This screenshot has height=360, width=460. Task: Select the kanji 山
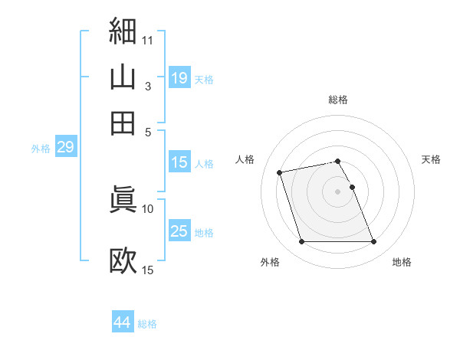pyautogui.click(x=123, y=77)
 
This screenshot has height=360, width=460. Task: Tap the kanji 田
pyautogui.click(x=123, y=123)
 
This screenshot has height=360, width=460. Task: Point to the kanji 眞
pyautogui.click(x=123, y=198)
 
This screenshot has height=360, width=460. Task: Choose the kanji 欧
pyautogui.click(x=123, y=260)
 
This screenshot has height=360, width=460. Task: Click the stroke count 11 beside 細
pyautogui.click(x=148, y=38)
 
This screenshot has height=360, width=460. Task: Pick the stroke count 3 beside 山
pyautogui.click(x=149, y=86)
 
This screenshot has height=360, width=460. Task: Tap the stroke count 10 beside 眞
pyautogui.click(x=148, y=208)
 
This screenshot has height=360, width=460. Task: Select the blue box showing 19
pyautogui.click(x=179, y=77)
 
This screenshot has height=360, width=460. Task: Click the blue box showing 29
pyautogui.click(x=65, y=147)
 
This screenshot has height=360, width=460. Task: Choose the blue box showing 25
pyautogui.click(x=179, y=231)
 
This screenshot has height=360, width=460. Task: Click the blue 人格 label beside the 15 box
pyautogui.click(x=204, y=163)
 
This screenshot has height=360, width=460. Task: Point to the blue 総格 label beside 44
pyautogui.click(x=147, y=324)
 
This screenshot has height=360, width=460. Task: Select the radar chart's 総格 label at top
pyautogui.click(x=338, y=100)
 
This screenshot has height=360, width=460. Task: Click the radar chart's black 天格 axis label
pyautogui.click(x=432, y=159)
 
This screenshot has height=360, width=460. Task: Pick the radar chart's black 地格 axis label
pyautogui.click(x=402, y=262)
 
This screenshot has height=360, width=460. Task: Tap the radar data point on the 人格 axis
pyautogui.click(x=280, y=172)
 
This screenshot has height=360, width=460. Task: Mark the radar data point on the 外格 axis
pyautogui.click(x=301, y=242)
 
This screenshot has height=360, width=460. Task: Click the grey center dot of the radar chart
pyautogui.click(x=338, y=191)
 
